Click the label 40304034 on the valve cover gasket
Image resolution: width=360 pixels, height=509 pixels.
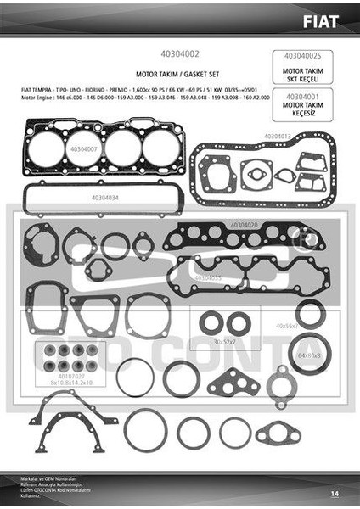pos(105,197)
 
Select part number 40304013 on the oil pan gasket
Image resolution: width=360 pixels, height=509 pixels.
pos(277,136)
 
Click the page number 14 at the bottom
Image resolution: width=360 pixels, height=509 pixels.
pos(335,492)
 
